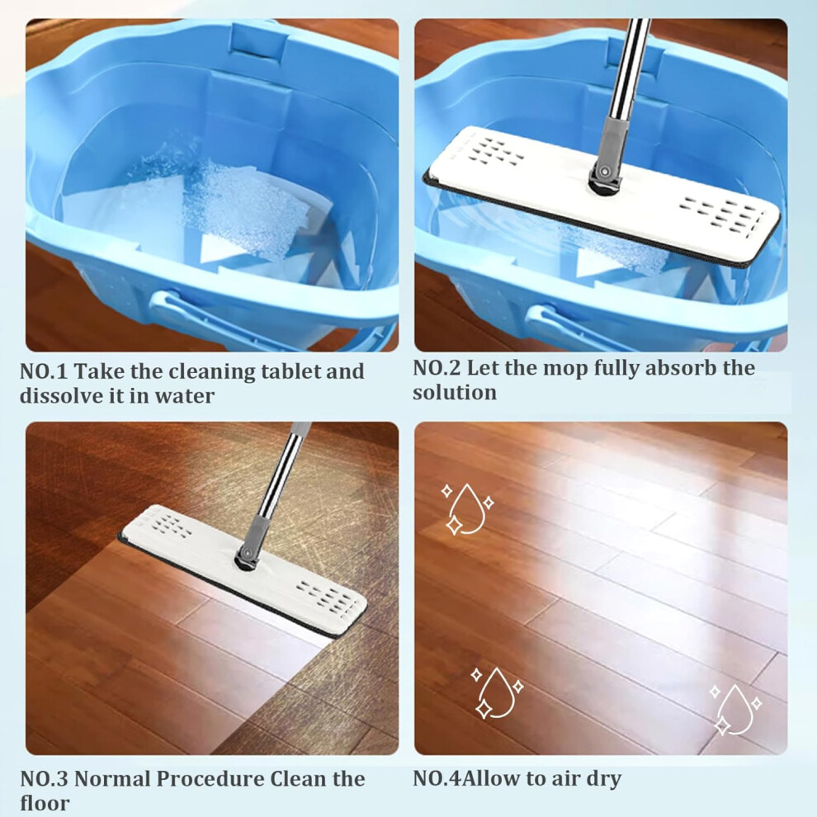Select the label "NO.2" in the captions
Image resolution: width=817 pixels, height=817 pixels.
(x=437, y=368)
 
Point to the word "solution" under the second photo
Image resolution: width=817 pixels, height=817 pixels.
(x=455, y=392)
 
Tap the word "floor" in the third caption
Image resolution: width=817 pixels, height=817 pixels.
(x=45, y=803)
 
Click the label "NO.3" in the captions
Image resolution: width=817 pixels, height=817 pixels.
(x=45, y=779)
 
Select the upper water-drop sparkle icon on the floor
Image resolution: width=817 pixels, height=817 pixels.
(x=467, y=509)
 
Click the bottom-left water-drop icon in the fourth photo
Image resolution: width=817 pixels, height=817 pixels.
(x=497, y=692)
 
